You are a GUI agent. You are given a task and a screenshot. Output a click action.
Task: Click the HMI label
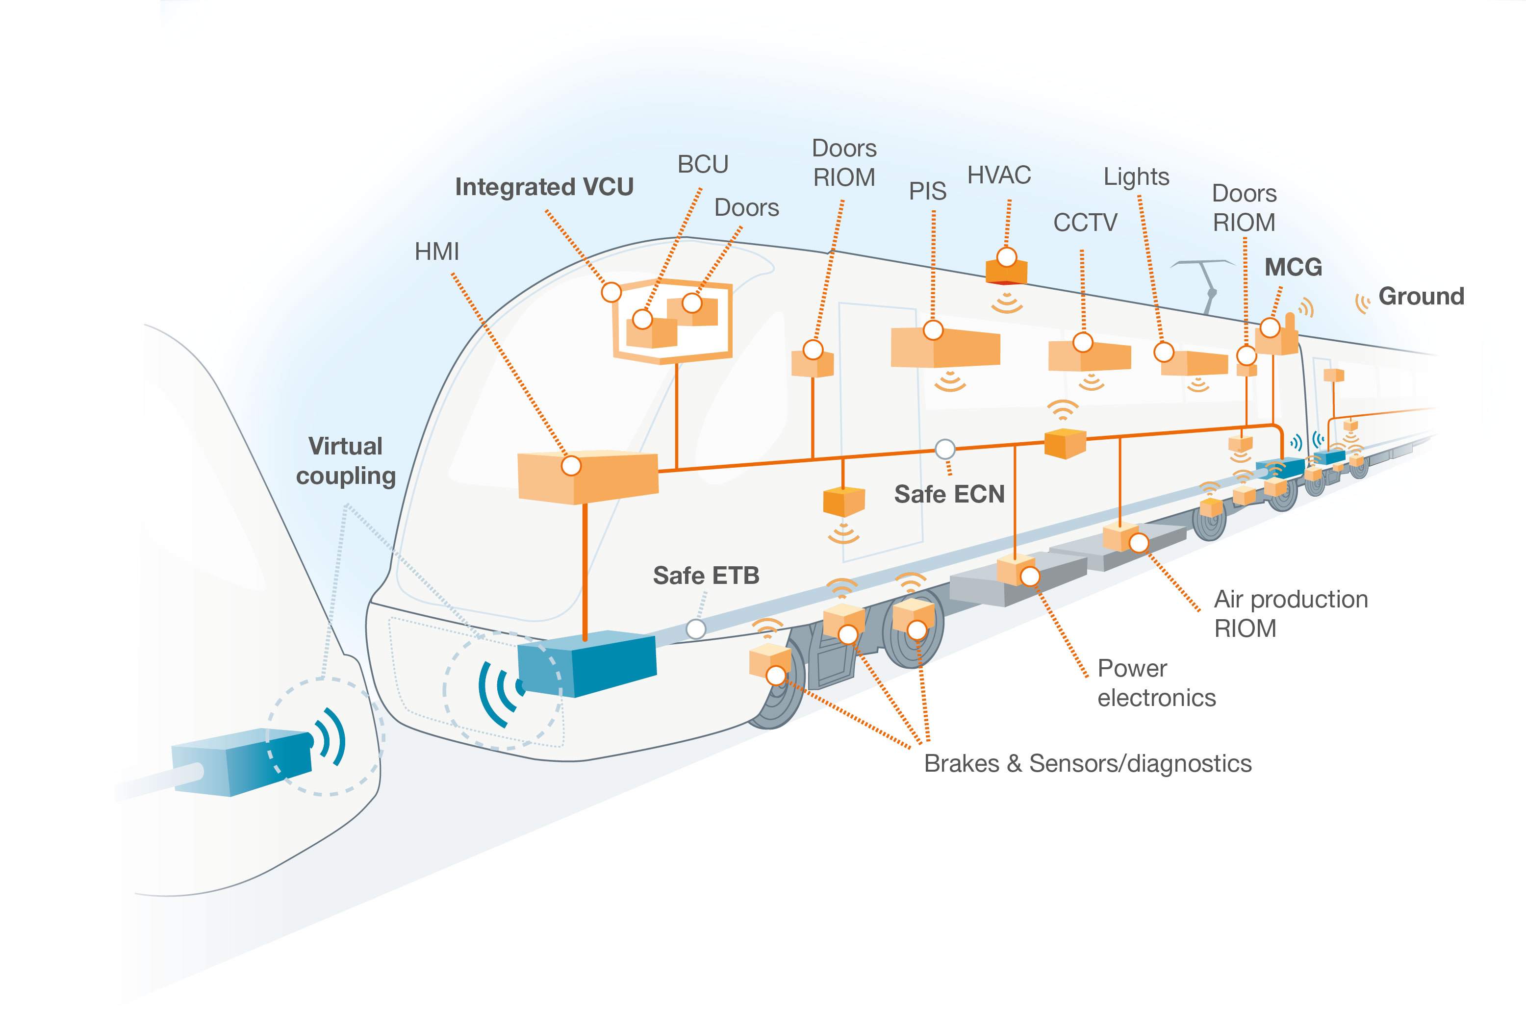click(x=436, y=252)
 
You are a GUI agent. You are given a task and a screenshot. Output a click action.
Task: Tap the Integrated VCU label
click(x=544, y=187)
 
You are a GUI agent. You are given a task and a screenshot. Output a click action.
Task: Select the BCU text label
click(x=703, y=164)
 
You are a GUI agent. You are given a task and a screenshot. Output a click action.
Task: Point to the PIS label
click(x=927, y=191)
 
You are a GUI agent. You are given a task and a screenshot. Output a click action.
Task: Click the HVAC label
click(x=999, y=176)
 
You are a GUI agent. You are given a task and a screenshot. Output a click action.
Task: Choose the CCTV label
click(x=1085, y=223)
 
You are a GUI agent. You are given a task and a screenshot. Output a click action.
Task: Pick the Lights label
click(x=1136, y=176)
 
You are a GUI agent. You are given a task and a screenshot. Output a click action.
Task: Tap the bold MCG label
click(x=1293, y=267)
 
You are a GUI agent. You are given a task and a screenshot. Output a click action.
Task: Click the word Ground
click(x=1421, y=296)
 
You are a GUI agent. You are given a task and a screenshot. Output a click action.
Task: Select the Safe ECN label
click(x=949, y=494)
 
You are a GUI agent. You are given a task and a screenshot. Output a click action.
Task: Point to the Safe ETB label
click(x=706, y=576)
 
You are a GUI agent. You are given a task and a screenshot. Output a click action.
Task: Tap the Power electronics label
click(x=1156, y=683)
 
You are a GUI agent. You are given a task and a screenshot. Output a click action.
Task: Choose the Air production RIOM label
click(x=1290, y=614)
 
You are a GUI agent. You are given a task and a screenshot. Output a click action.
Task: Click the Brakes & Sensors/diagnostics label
click(x=1088, y=763)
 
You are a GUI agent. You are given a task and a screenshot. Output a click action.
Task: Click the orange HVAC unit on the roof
click(x=1006, y=271)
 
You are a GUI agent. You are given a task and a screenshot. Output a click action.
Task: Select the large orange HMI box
click(x=587, y=477)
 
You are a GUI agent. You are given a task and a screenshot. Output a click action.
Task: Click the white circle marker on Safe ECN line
click(x=944, y=449)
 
